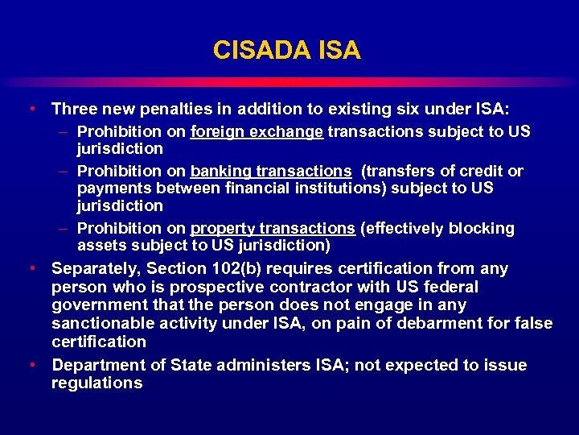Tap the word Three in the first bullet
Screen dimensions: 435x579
click(75, 109)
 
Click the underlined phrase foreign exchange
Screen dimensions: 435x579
click(257, 131)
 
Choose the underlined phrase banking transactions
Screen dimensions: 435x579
click(271, 171)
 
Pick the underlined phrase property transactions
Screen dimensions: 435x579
click(273, 228)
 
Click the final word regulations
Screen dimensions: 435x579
click(96, 383)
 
